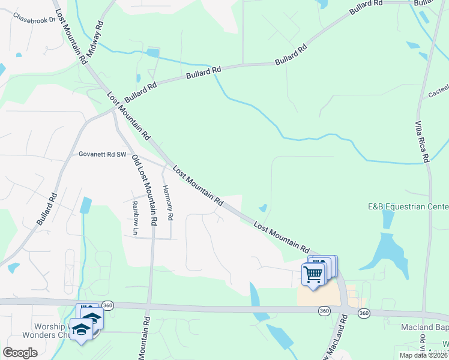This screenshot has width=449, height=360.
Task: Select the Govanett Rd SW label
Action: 103,154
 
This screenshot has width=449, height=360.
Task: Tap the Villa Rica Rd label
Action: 423,142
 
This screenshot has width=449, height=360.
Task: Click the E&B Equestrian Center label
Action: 408,207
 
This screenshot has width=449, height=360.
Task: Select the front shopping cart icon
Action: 313,274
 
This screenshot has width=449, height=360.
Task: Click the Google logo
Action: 20,352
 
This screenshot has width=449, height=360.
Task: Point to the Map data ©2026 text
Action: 423,355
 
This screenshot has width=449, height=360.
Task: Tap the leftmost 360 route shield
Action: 107,305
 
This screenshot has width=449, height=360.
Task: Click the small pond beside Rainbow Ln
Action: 86,206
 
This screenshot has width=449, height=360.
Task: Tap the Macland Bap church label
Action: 424,328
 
